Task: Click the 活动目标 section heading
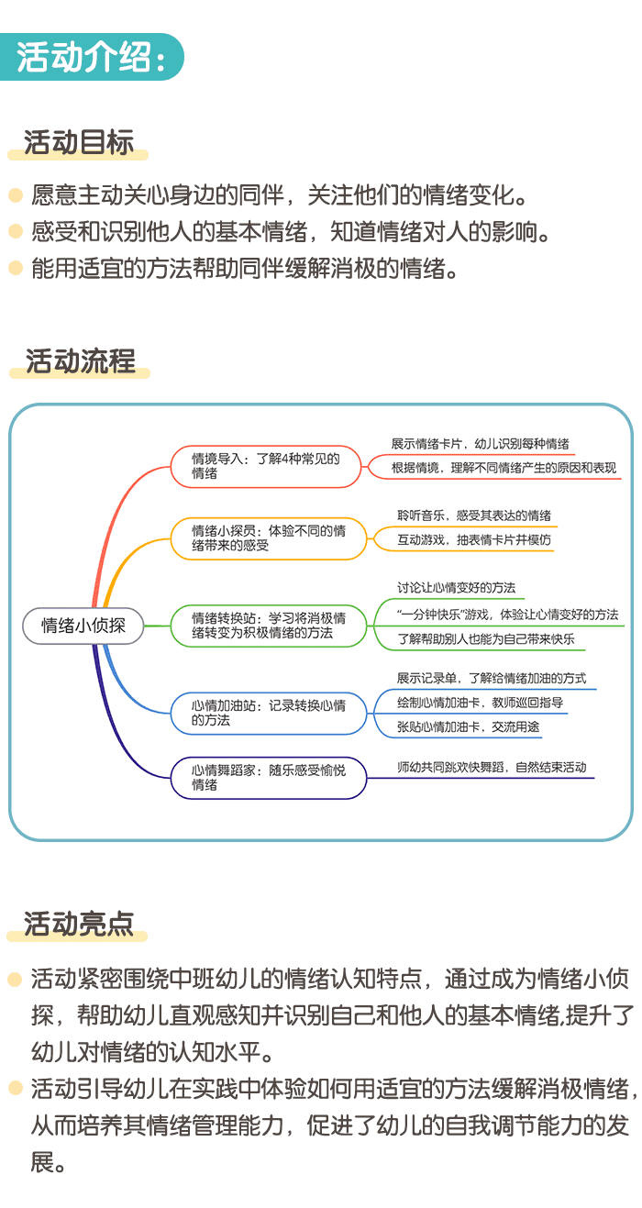tap(79, 143)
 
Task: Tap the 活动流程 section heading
tap(80, 360)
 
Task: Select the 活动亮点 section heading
tap(79, 923)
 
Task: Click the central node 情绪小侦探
tap(83, 626)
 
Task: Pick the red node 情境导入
tap(268, 466)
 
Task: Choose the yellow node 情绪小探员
tap(268, 538)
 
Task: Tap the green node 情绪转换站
tap(268, 626)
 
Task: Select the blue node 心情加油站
tap(268, 713)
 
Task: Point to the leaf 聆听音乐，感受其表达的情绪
tap(473, 515)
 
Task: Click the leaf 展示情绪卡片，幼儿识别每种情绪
tap(481, 443)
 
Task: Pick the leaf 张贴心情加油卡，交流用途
tap(469, 727)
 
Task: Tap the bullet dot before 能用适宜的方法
tap(15, 268)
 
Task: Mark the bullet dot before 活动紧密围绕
tap(15, 980)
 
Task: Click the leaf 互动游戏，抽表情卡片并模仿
tap(474, 540)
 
